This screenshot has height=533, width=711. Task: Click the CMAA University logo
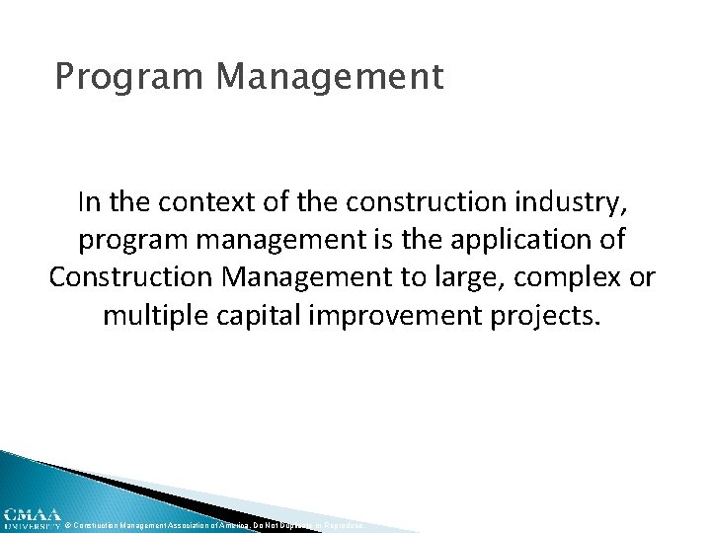[x=31, y=519]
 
